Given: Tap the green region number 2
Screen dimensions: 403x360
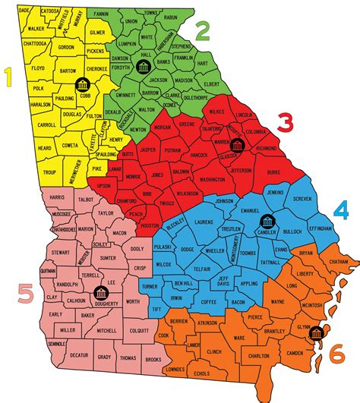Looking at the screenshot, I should click(202, 31).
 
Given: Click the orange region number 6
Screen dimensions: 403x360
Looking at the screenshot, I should click(336, 353).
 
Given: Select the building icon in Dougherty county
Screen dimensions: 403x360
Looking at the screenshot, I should click(98, 291).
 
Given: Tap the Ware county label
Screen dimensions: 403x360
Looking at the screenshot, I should click(240, 337).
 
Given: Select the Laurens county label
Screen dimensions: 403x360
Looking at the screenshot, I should click(203, 222).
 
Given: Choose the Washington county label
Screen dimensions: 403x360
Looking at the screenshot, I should click(213, 179).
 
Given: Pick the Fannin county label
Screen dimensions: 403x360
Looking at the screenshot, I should click(121, 14).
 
